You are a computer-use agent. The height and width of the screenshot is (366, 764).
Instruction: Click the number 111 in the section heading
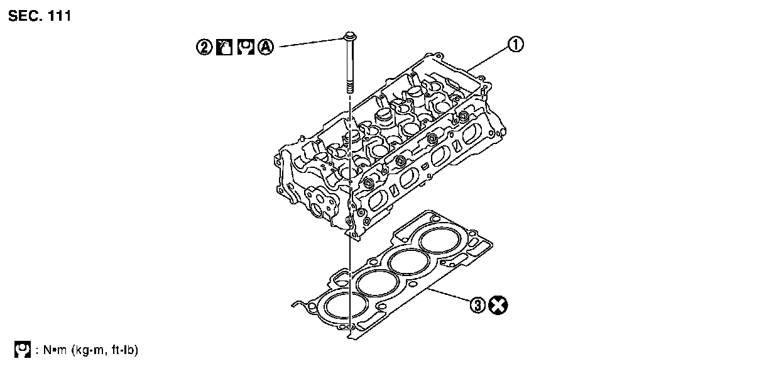click(58, 16)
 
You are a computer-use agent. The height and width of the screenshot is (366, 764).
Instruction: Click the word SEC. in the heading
click(25, 16)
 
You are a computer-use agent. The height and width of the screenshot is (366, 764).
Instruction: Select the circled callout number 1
click(515, 44)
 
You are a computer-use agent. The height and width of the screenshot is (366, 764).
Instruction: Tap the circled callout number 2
click(204, 48)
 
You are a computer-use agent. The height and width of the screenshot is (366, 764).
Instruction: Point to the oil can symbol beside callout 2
click(224, 48)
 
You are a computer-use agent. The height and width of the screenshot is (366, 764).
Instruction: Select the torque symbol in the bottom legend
click(22, 349)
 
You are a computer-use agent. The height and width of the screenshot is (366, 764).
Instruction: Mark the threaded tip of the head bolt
click(348, 87)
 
